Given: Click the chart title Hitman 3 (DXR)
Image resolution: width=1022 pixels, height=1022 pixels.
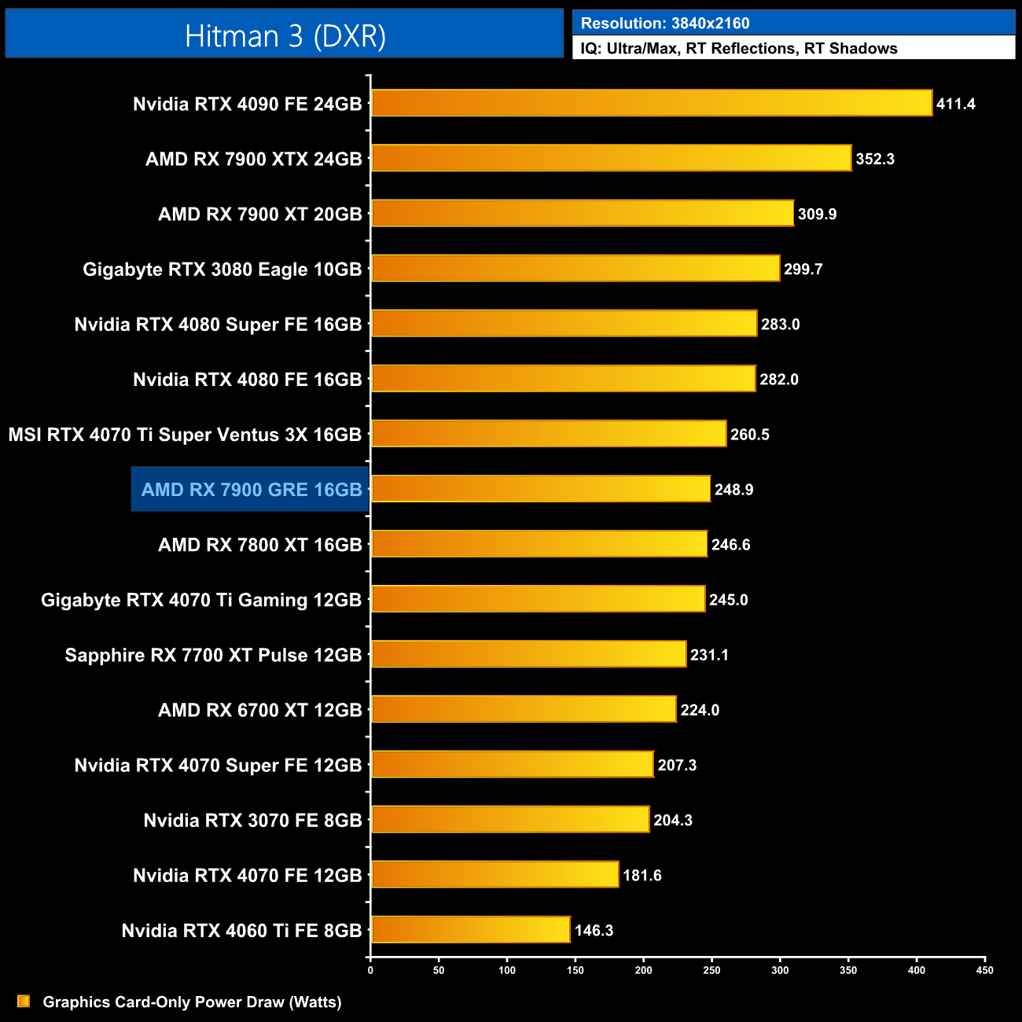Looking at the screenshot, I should click(x=285, y=36).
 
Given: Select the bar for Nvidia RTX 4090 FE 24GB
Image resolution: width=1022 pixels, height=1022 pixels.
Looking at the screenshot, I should click(x=651, y=103).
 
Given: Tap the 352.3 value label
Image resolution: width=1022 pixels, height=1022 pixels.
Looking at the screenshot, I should click(x=875, y=159).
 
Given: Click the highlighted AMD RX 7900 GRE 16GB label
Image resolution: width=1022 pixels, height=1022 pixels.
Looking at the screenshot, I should click(x=251, y=490).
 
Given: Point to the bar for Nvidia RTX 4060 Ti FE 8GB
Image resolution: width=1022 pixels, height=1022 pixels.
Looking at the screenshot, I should click(x=470, y=930).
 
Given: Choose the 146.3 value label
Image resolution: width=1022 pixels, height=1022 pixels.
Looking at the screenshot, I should click(x=594, y=931).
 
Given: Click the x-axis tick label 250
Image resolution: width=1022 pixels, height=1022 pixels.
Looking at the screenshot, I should click(x=711, y=970).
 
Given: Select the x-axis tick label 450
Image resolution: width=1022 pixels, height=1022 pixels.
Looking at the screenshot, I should click(x=984, y=970).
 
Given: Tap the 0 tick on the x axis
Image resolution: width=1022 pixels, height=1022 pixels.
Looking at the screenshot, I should click(x=370, y=970).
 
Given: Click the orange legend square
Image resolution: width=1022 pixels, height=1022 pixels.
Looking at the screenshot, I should click(x=24, y=1002).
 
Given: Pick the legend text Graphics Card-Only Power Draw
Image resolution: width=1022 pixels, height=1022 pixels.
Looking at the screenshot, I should click(x=192, y=1002).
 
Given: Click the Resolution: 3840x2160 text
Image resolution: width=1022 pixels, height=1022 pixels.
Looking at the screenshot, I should click(x=665, y=24).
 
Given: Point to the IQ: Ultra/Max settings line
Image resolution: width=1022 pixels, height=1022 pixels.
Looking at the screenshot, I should click(x=739, y=49).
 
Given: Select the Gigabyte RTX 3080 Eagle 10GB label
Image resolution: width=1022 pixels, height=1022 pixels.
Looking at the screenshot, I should click(x=222, y=270).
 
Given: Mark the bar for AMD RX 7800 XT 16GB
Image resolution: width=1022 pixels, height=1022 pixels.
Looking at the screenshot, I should click(x=539, y=544).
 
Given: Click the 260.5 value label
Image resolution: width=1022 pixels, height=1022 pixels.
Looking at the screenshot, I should click(x=749, y=435).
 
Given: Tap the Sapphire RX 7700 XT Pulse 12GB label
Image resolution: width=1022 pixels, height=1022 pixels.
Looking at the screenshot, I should click(x=213, y=656).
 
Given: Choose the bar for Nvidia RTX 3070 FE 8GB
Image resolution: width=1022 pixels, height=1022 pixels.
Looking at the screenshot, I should click(x=510, y=819).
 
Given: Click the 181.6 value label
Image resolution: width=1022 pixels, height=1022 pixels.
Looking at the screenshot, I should click(x=642, y=876).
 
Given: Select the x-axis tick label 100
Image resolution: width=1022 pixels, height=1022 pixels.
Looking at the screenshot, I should click(x=507, y=970).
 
